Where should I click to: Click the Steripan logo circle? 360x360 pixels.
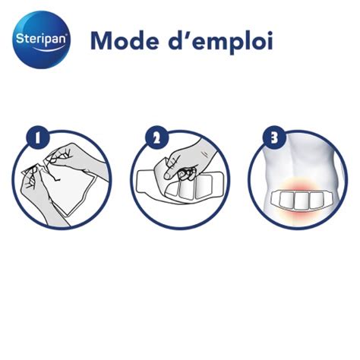pyautogui.click(x=42, y=39)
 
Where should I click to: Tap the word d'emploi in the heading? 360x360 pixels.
pyautogui.click(x=220, y=42)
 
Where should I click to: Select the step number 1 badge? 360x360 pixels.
pyautogui.click(x=39, y=138)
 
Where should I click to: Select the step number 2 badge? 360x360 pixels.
pyautogui.click(x=157, y=138)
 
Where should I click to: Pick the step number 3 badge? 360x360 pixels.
pyautogui.click(x=275, y=138)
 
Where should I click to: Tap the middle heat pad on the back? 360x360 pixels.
pyautogui.click(x=302, y=201)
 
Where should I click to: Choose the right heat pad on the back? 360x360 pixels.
pyautogui.click(x=317, y=199)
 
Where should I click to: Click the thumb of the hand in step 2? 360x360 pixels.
pyautogui.click(x=172, y=172)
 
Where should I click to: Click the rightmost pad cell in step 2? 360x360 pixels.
pyautogui.click(x=204, y=187)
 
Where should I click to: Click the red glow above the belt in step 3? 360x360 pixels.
pyautogui.click(x=301, y=185)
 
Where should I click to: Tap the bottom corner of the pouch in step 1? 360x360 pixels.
pyautogui.click(x=68, y=216)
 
